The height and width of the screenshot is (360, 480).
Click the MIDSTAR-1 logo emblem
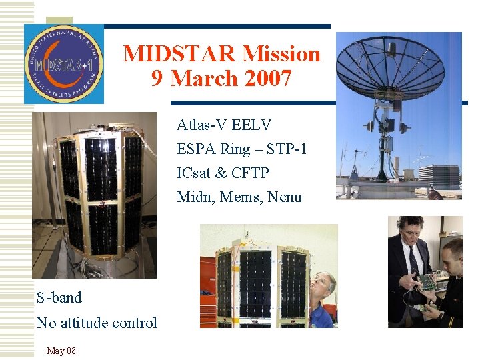pyautogui.click(x=64, y=64)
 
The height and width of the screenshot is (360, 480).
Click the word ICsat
pyautogui.click(x=194, y=173)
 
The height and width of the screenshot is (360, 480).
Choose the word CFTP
pyautogui.click(x=250, y=173)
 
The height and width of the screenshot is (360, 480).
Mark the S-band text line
pyautogui.click(x=59, y=297)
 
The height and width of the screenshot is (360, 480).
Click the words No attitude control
pyautogui.click(x=97, y=323)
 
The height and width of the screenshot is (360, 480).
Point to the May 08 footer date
pyautogui.click(x=61, y=351)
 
